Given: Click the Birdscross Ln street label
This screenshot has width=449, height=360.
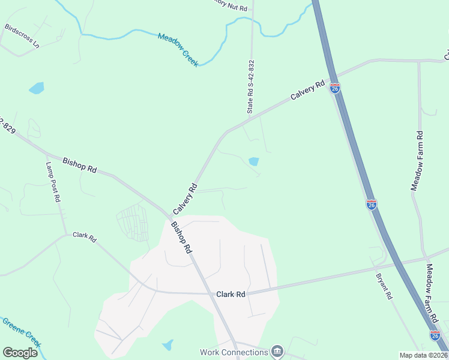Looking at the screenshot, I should coord(21,37).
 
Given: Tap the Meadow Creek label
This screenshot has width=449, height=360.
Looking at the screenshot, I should coord(178,50).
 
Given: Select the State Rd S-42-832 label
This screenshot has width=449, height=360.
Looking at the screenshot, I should coord(251,86).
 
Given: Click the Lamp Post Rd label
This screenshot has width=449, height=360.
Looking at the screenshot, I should coord(53,182).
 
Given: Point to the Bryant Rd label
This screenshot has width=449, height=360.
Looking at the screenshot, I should coord(384,287).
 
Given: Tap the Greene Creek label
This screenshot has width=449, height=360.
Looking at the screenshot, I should coord(21,332).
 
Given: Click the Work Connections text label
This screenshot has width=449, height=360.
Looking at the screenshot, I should coord(234,352).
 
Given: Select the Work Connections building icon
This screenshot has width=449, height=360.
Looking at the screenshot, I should coord(276,350).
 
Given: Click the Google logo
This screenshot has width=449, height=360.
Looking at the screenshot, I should coord(20,353).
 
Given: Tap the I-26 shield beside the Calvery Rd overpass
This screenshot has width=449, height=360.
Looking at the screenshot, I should coord(335,89).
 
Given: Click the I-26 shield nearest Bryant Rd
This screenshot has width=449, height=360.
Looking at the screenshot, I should coord(372,204).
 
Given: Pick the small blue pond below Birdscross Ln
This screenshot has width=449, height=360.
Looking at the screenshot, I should coord(37,88).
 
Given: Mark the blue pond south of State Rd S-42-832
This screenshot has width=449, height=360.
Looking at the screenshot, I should coord(254,161).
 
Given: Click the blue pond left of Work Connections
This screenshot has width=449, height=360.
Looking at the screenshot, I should coord(167,345).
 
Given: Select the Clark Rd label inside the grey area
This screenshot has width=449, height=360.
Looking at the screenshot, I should coord(231,295).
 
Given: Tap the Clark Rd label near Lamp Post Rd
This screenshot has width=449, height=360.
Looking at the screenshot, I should coord(85,238).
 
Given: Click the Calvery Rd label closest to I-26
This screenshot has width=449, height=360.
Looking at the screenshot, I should coord(307,90).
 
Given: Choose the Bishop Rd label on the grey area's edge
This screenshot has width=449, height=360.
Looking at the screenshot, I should coord(181,238).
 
